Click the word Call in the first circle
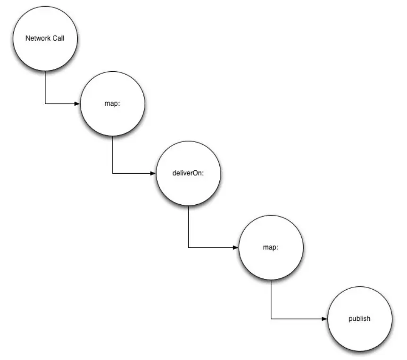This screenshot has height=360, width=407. (x=58, y=38)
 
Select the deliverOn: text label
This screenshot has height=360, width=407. (x=188, y=173)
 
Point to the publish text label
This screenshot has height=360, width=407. (x=359, y=318)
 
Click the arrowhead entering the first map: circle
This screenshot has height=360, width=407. (x=77, y=103)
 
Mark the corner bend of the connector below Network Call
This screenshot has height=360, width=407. (x=45, y=103)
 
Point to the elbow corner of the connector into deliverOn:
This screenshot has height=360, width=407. (x=112, y=173)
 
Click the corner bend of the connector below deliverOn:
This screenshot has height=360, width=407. (x=188, y=247)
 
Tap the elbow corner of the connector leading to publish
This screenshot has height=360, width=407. (x=271, y=319)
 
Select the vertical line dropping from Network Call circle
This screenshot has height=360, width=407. (x=45, y=87)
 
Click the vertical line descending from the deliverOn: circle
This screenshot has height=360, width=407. (x=188, y=226)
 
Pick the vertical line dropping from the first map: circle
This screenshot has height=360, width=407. (x=112, y=155)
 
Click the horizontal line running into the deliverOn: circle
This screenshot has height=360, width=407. (x=132, y=173)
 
